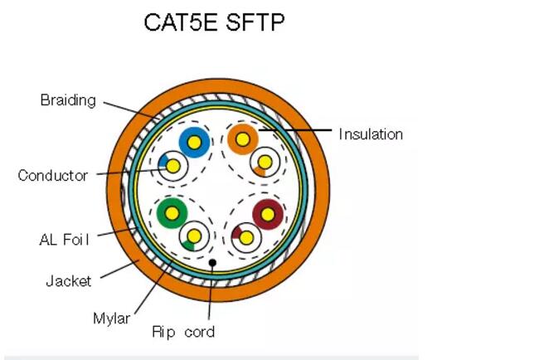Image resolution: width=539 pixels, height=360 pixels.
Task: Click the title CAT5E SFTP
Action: click(x=214, y=22)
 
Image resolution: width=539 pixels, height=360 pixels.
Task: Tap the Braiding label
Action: click(x=68, y=100)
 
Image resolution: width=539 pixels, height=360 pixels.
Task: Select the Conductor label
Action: click(x=52, y=175)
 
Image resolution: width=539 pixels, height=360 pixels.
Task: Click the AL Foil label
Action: click(x=65, y=240)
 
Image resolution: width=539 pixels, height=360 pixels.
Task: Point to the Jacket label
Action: click(x=68, y=281)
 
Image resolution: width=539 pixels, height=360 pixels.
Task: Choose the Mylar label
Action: click(x=112, y=319)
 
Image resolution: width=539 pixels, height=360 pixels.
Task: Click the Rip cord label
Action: click(x=183, y=332)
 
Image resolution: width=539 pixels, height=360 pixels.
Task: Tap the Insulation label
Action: click(x=371, y=134)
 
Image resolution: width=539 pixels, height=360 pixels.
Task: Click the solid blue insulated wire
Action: click(x=194, y=143)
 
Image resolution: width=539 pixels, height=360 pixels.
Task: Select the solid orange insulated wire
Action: click(x=243, y=139)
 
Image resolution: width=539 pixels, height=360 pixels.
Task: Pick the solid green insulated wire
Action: click(x=172, y=213)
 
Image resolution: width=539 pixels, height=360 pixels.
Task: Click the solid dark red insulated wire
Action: click(x=268, y=215)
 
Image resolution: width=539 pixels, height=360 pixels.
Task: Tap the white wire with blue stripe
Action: click(x=173, y=167)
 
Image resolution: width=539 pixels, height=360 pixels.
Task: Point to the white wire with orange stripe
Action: click(x=265, y=162)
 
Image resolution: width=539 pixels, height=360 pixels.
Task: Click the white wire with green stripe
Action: click(x=194, y=236)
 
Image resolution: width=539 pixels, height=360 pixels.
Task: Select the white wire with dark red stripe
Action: click(x=246, y=237)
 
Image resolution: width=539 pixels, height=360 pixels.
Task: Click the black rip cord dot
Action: click(x=212, y=263)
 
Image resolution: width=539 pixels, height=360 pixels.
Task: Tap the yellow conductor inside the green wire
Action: click(x=172, y=213)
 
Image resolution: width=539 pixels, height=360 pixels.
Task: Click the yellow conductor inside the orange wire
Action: click(x=243, y=139)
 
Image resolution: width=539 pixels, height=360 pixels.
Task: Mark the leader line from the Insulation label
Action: click(x=295, y=130)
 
